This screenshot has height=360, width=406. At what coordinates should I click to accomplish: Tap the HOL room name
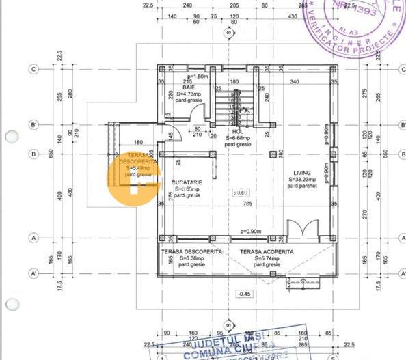(x=237, y=131)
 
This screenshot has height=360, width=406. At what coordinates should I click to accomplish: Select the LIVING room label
(x=301, y=173)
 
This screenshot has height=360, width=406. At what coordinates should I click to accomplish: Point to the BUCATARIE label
(x=187, y=183)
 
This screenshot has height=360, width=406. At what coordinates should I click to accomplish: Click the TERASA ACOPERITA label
(x=266, y=252)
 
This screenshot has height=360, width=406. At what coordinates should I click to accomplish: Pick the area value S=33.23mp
(x=301, y=180)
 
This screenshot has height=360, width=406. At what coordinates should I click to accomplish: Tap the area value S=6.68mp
(x=237, y=138)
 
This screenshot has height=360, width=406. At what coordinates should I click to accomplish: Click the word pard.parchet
(x=301, y=186)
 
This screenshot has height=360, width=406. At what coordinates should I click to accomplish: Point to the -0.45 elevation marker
(x=244, y=294)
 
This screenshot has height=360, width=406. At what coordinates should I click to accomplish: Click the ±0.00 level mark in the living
(x=242, y=193)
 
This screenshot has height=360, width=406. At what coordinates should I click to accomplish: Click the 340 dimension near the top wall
(x=294, y=82)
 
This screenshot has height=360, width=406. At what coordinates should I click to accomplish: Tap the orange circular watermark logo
(x=133, y=179)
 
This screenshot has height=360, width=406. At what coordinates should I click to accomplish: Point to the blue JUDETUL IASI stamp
(x=229, y=344)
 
